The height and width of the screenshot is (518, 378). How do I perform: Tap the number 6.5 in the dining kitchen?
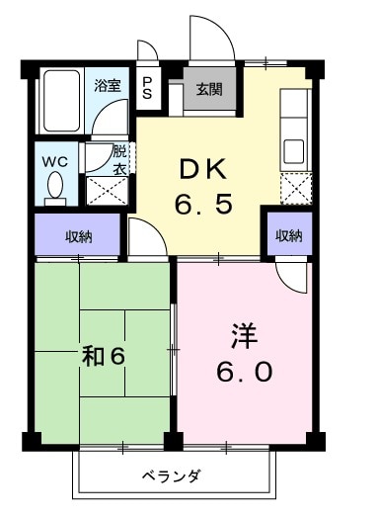coord(204,207)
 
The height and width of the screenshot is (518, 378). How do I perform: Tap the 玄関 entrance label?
coord(209,90)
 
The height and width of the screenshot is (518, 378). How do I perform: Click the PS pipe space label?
coord(148,88)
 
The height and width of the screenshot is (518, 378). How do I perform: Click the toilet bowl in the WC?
coord(55,186)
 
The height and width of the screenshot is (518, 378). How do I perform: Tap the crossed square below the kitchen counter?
coord(294,186)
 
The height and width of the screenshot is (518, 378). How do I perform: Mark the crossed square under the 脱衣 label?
coord(103,189)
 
